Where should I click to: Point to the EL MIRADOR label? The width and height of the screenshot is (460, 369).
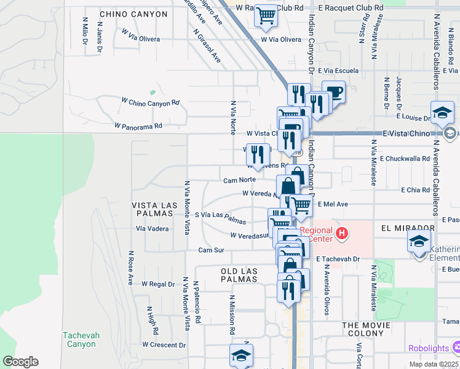(x=408, y=228)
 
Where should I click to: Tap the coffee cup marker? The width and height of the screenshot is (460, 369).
(x=334, y=93)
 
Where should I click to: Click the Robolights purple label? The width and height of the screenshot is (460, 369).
(x=429, y=349)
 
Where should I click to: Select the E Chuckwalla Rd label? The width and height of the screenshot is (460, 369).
(x=404, y=159)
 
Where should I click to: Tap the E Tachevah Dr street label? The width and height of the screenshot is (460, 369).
(x=338, y=260)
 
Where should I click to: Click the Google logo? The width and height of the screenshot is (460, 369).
(x=21, y=362)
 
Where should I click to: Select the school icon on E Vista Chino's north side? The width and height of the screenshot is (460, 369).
(x=442, y=113)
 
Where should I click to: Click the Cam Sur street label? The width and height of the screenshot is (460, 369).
(x=210, y=250)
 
